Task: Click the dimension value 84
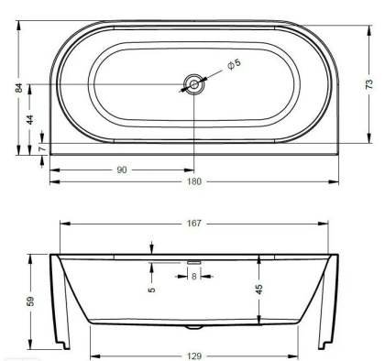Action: pyautogui.click(x=19, y=88)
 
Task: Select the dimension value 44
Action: pyautogui.click(x=29, y=120)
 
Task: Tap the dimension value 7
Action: pyautogui.click(x=42, y=148)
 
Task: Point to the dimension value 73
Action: pyautogui.click(x=369, y=83)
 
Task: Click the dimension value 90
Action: pyautogui.click(x=122, y=170)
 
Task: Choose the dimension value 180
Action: pyautogui.click(x=194, y=181)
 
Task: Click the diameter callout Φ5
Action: pyautogui.click(x=235, y=64)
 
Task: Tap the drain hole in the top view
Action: pyautogui.click(x=193, y=84)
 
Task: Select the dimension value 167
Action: pyautogui.click(x=194, y=224)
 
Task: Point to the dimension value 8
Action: pyautogui.click(x=193, y=277)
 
